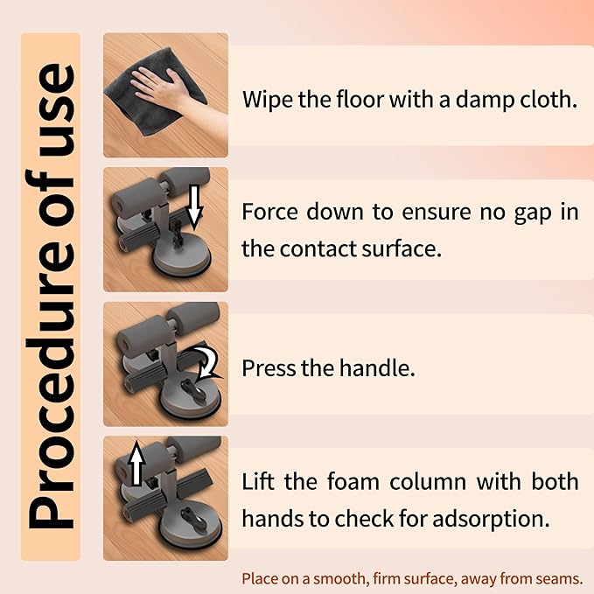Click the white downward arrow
[194, 207]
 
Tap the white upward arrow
[136, 464]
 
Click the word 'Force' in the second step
[269, 212]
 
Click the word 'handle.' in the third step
[377, 367]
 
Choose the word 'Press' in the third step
[269, 367]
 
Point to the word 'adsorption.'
[491, 519]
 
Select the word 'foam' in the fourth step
[353, 481]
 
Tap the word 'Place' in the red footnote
[258, 579]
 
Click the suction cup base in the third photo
[186, 397]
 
